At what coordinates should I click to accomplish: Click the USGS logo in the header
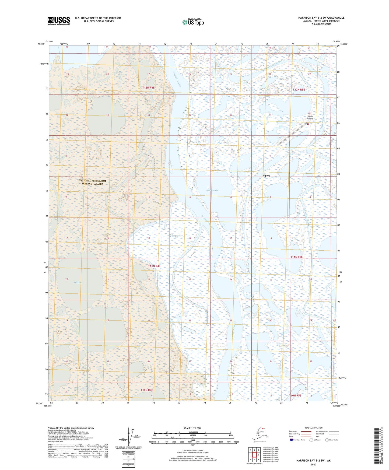point(59,21)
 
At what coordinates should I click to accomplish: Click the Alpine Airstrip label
point(310,118)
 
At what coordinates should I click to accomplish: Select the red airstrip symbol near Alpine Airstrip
point(308,124)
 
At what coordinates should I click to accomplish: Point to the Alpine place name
point(266,176)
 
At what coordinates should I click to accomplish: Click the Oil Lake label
point(78,282)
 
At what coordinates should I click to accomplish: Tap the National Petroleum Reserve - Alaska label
point(92,182)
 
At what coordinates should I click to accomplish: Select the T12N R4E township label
point(149,88)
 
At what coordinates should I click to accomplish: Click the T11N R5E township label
point(296,257)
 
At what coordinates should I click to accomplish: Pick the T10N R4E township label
point(147,390)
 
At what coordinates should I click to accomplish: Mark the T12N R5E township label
point(299,90)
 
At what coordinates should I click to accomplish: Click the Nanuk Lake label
point(212,190)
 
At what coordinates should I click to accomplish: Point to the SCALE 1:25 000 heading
point(192,428)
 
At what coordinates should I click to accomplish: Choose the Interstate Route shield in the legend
point(292,440)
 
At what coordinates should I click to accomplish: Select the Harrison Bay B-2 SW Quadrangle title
point(321,18)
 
